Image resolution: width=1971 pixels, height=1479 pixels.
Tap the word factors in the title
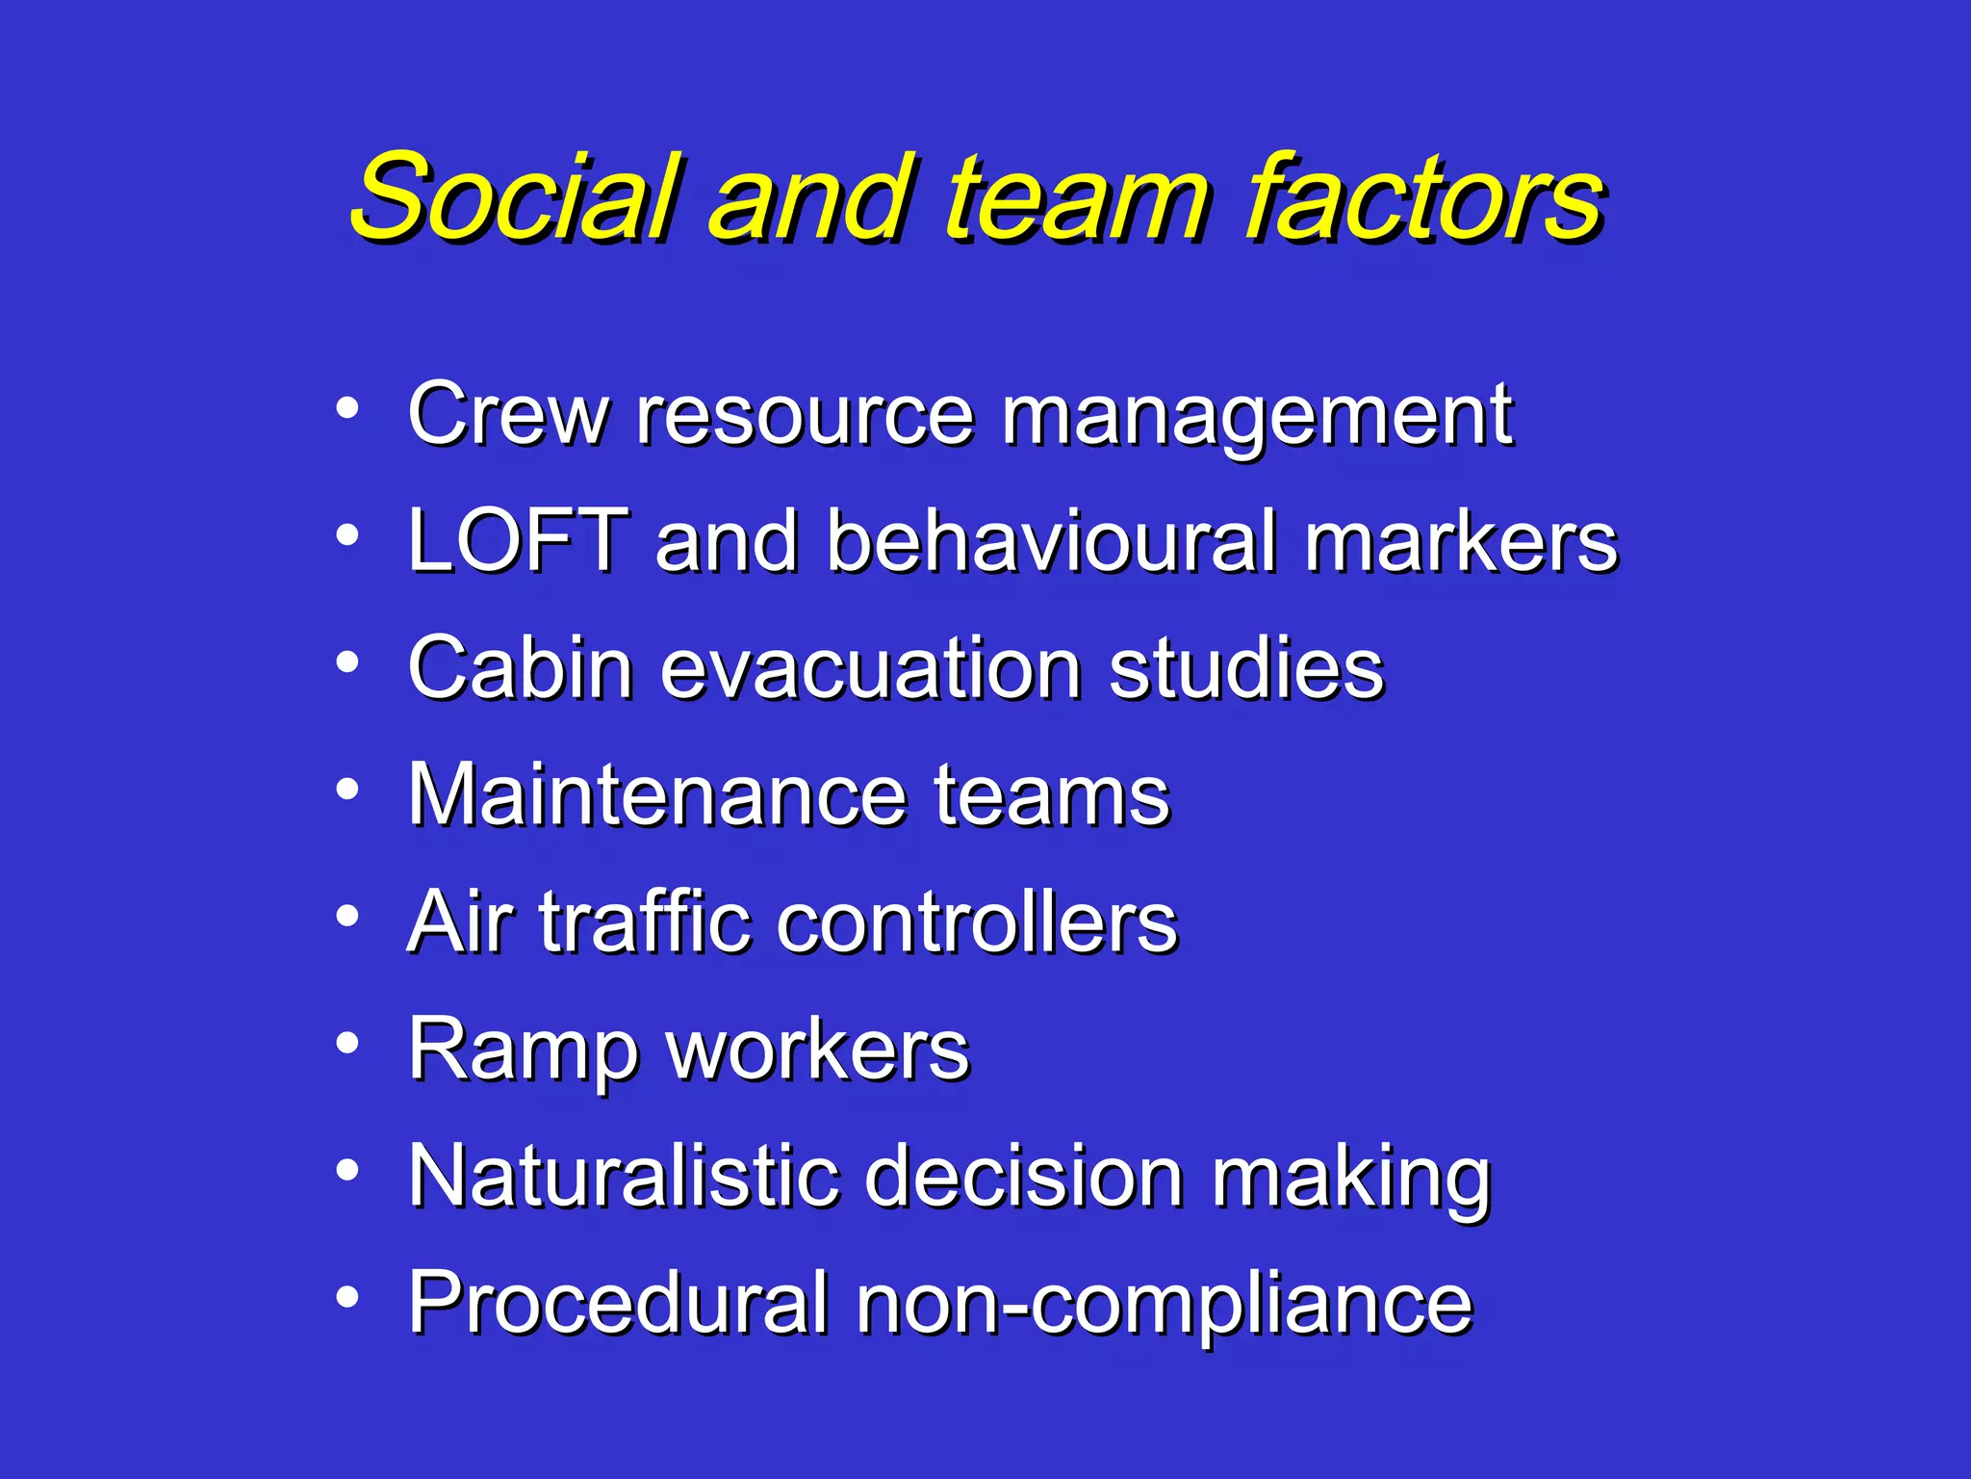[x=1425, y=197]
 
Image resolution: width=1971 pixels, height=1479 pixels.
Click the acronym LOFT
[x=519, y=541]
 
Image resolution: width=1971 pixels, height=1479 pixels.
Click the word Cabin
[x=520, y=668]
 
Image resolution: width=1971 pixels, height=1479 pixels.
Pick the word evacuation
[x=870, y=668]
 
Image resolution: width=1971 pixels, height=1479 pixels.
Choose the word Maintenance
[x=658, y=795]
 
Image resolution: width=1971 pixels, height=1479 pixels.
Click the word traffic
[x=643, y=922]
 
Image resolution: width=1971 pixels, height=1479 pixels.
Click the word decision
[x=1024, y=1177]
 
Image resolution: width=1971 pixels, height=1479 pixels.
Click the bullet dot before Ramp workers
[x=347, y=1043]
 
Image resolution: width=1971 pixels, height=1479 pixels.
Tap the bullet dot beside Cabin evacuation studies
[x=347, y=662]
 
